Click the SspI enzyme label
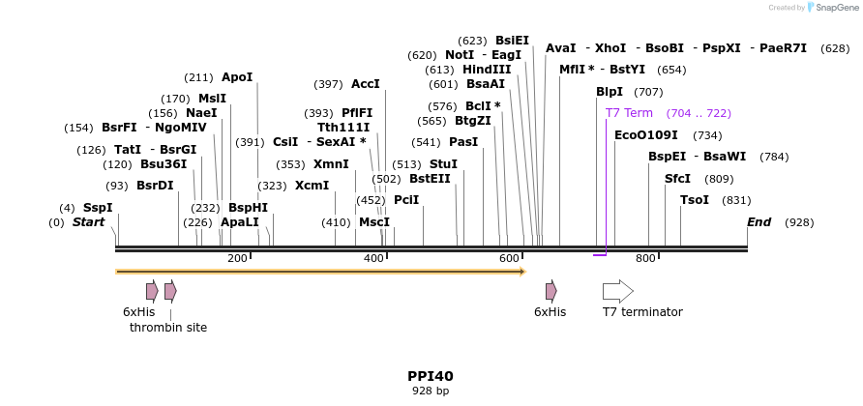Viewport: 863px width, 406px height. [x=98, y=208]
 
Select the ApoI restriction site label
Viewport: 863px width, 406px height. [x=237, y=77]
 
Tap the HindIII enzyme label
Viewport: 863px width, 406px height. [x=487, y=70]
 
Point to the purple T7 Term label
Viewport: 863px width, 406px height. [x=629, y=113]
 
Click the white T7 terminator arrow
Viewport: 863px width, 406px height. [x=617, y=291]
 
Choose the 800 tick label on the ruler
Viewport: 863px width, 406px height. [x=645, y=258]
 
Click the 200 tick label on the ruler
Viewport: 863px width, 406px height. [x=237, y=258]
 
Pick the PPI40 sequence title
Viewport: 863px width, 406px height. [x=431, y=376]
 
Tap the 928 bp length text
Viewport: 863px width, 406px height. [x=431, y=391]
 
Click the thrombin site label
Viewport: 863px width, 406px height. [x=168, y=328]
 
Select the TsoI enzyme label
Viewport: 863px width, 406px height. [x=695, y=200]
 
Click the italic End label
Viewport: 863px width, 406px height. [x=759, y=222]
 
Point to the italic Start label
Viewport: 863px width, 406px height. [x=88, y=222]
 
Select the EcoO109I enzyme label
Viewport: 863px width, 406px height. [x=646, y=135]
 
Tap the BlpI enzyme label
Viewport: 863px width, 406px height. [x=610, y=92]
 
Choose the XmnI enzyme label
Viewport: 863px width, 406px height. [x=331, y=164]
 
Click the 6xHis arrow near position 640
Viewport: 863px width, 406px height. [x=551, y=291]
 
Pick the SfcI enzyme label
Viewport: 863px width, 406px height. [x=677, y=179]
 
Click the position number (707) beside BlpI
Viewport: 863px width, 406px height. [x=648, y=92]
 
